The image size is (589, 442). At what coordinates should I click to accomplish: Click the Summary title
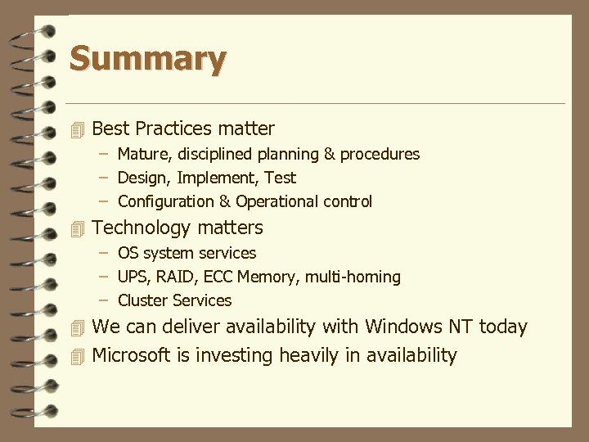click(147, 60)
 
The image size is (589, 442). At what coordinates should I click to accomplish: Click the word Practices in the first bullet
click(174, 129)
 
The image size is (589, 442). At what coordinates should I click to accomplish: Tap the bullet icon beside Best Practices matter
click(78, 129)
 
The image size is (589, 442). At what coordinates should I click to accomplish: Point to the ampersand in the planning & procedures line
click(329, 154)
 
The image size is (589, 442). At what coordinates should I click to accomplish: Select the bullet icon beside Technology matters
click(78, 228)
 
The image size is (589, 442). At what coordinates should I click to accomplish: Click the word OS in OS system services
click(128, 253)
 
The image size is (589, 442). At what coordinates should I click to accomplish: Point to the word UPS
click(133, 277)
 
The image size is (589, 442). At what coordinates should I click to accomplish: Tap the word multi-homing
click(353, 277)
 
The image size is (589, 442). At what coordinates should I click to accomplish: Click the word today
click(503, 327)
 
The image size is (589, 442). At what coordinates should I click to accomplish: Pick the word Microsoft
click(131, 355)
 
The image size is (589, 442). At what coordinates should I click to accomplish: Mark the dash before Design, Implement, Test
click(106, 178)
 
